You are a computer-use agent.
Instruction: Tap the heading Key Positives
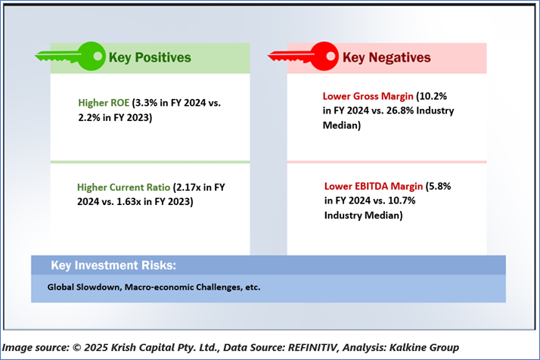(x=150, y=57)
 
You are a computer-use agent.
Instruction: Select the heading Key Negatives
(x=386, y=57)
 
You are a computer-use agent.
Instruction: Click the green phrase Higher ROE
(x=104, y=103)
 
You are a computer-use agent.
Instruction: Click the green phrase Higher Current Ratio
(x=123, y=187)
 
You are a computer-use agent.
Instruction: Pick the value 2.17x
(x=188, y=187)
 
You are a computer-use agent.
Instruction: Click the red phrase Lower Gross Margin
(x=368, y=96)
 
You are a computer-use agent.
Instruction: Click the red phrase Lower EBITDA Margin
(x=374, y=186)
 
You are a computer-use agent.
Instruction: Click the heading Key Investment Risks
(x=113, y=265)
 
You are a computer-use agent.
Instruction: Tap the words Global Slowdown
(x=85, y=287)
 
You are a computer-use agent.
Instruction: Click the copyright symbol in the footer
(x=77, y=348)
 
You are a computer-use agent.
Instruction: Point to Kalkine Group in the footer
(x=424, y=347)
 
